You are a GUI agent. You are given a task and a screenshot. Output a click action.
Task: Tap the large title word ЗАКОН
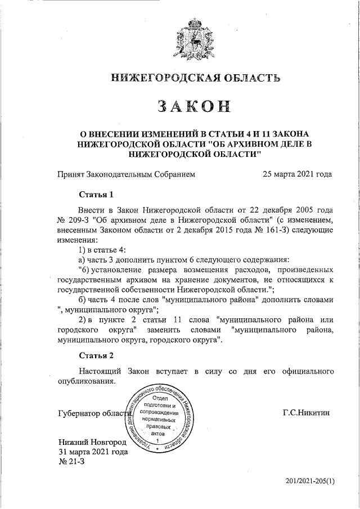click(194, 106)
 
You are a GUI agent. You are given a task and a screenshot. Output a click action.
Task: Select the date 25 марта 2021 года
click(297, 174)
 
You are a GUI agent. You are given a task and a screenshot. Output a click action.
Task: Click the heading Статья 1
click(96, 195)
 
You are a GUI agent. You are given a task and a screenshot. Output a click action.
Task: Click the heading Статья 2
click(96, 355)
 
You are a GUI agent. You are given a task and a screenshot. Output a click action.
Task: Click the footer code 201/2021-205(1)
click(309, 481)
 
